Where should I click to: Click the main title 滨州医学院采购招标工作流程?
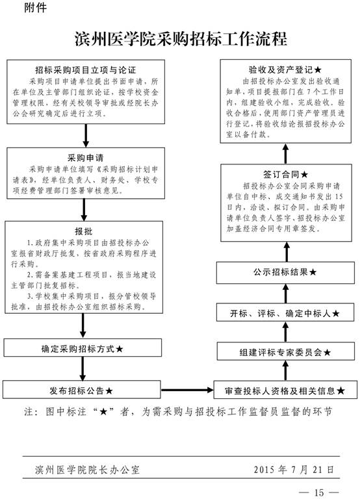[x=181, y=39]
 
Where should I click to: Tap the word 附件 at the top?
[x=35, y=8]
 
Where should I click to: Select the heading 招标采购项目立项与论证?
[x=86, y=70]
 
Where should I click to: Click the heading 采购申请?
[x=86, y=158]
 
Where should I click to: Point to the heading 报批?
[x=84, y=231]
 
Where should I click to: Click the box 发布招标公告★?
[x=81, y=390]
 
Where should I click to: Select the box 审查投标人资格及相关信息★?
[x=285, y=390]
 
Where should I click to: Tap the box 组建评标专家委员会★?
[x=285, y=352]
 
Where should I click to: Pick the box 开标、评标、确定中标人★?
[x=285, y=313]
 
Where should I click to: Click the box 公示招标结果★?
[x=285, y=273]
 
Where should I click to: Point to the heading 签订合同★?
[x=285, y=174]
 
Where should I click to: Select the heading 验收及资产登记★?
[x=285, y=70]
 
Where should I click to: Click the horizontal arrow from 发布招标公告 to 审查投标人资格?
[x=187, y=390]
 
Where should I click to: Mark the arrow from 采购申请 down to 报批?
[x=84, y=210]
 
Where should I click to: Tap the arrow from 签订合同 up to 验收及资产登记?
[x=285, y=154]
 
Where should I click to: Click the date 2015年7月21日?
[x=294, y=469]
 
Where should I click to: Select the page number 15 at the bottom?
[x=318, y=493]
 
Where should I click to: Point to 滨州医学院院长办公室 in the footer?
[x=87, y=470]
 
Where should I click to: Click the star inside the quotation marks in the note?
[x=103, y=412]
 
